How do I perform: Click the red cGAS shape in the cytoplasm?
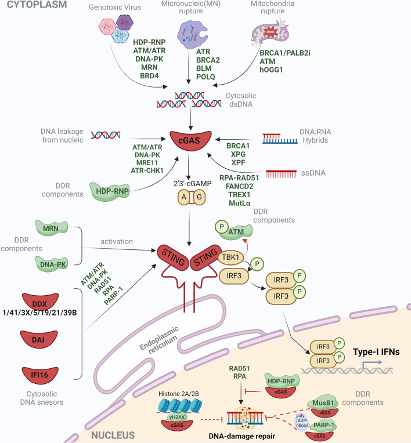point(190,140)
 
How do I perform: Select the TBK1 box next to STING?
point(230,257)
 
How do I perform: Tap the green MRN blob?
point(51,228)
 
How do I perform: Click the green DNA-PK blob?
point(52,264)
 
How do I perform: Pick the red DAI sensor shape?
point(39,339)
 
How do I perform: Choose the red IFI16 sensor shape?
point(40,375)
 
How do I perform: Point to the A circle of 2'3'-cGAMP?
point(184,197)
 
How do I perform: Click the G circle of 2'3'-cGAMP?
point(199,197)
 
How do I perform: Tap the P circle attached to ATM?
point(222,227)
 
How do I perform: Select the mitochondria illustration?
point(270,32)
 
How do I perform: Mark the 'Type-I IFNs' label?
point(376,352)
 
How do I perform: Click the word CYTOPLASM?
point(37,5)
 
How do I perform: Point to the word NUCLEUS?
point(113,435)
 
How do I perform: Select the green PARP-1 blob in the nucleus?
point(324,425)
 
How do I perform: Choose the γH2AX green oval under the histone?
point(177,417)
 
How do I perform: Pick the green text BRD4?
point(149,76)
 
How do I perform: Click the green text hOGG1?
point(271,70)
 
